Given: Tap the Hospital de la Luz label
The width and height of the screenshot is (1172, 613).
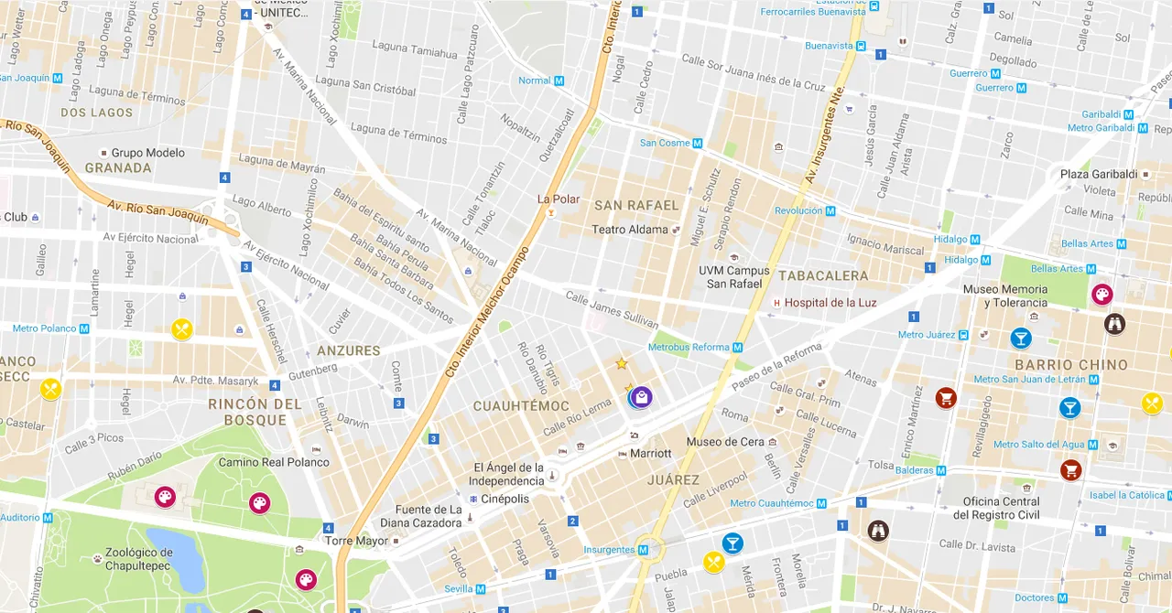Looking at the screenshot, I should point(830,303).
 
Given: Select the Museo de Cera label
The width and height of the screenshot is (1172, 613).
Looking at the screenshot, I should point(724,442).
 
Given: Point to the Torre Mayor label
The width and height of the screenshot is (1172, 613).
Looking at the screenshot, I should point(357,541).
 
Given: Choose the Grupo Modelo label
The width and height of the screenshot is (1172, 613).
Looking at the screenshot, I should point(147,153).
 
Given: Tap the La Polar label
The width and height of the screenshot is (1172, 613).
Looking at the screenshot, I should point(558,199).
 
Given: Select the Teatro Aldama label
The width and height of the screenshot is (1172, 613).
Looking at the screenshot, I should point(630,230).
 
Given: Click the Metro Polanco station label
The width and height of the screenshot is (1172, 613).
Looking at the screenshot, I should point(45,328).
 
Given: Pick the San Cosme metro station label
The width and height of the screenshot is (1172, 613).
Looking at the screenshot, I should point(665,143).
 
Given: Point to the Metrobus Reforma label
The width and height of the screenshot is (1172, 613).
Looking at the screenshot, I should point(689,348).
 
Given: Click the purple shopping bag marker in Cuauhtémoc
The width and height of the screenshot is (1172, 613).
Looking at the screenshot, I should point(642,396).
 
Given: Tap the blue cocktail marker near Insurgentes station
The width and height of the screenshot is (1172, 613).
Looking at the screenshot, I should point(732,543).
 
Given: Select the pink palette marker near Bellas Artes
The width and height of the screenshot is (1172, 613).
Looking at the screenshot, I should point(1101,295).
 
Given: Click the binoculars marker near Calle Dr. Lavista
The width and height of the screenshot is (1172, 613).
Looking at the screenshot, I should point(878,531).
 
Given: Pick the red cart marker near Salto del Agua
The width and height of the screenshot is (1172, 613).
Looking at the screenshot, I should point(1070,470).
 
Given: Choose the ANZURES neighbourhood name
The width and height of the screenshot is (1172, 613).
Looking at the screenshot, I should point(348,350).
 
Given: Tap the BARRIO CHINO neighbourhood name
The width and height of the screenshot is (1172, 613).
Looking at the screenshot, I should point(1070,365).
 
